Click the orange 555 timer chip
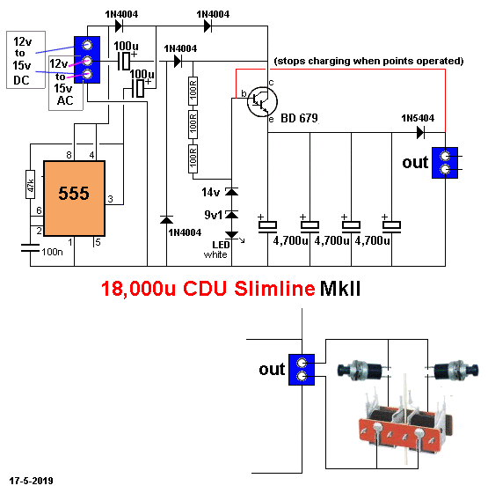click(75, 198)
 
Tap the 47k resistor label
click(29, 187)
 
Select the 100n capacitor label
click(53, 253)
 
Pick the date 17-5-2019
click(31, 482)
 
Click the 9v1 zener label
click(213, 214)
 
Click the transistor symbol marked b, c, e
click(257, 102)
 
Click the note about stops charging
click(368, 61)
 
